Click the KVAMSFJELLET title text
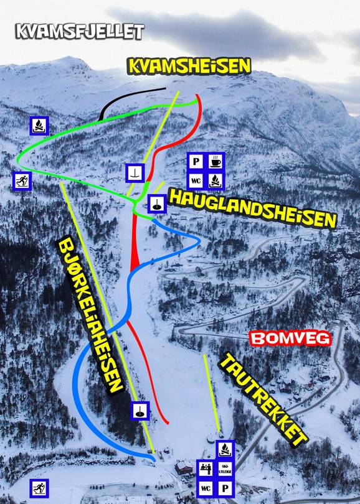[x=80, y=30]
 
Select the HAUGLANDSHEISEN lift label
[x=252, y=208]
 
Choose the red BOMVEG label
[x=290, y=338]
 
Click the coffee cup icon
[x=215, y=162]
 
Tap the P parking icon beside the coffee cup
[x=196, y=162]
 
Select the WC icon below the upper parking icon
[x=196, y=181]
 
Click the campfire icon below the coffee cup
[x=215, y=181]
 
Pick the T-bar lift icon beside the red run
[x=135, y=172]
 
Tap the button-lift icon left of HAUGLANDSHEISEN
[x=156, y=202]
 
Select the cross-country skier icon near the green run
[x=22, y=180]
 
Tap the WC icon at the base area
[x=206, y=488]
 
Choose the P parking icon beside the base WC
[x=225, y=488]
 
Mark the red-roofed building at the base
[x=184, y=466]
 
